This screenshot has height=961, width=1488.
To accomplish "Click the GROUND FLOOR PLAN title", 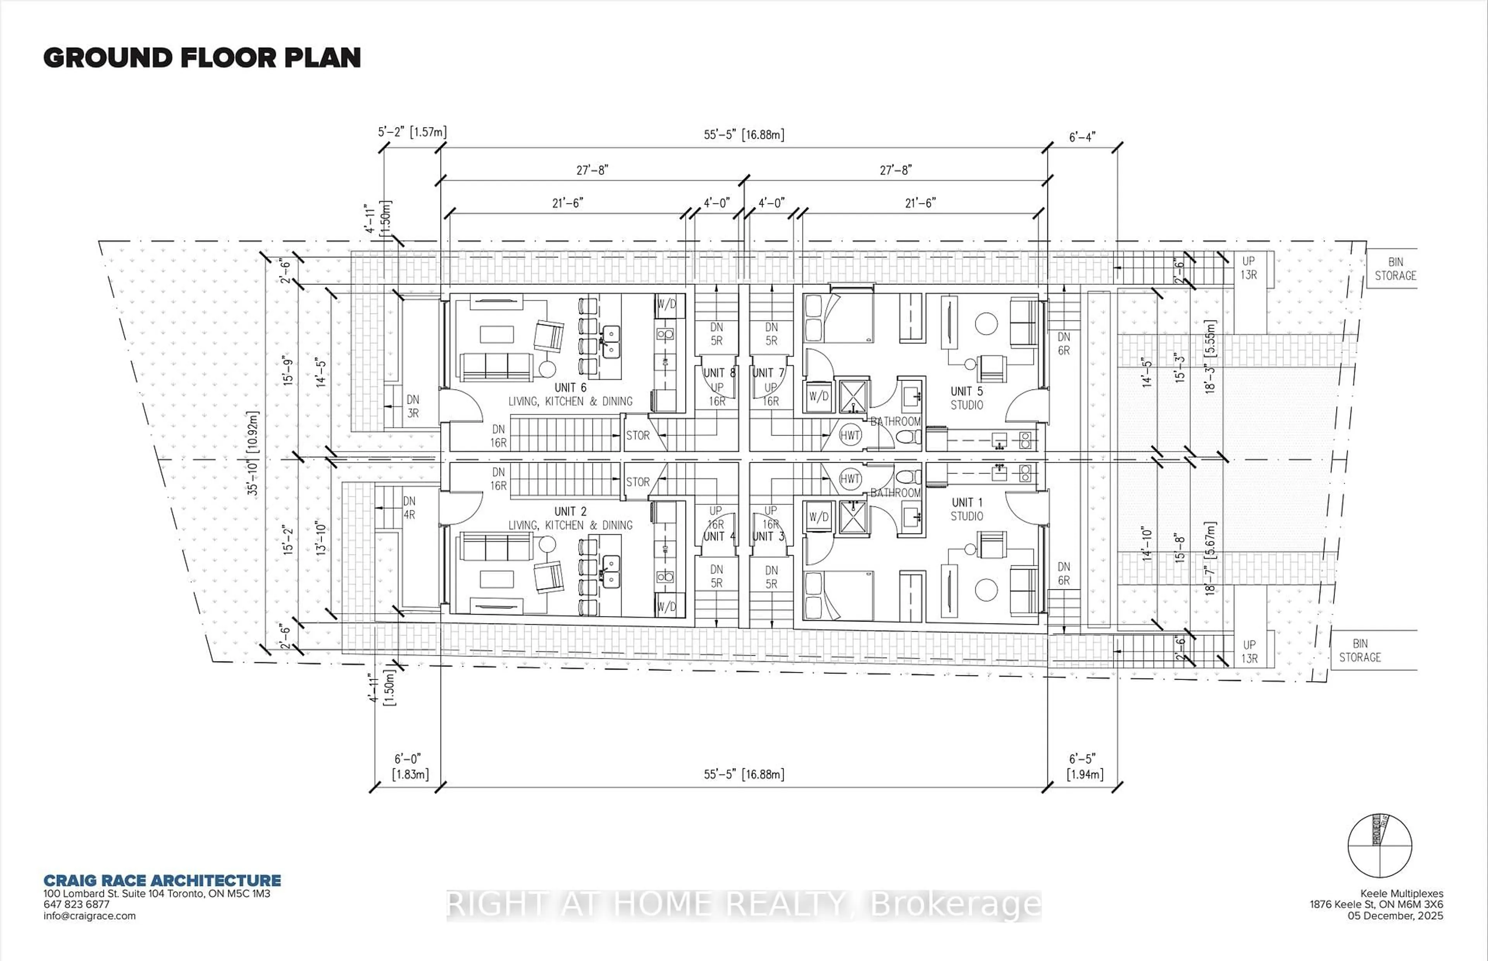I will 201,58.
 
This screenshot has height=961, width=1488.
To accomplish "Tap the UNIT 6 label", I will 570,387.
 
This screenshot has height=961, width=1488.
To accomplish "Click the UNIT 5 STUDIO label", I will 966,398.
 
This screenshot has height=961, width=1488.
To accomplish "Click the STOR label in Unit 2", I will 637,482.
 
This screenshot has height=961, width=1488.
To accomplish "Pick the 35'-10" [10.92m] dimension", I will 253,453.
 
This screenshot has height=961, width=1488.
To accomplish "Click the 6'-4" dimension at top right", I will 1082,137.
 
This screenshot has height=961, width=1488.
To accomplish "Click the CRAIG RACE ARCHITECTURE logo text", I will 162,880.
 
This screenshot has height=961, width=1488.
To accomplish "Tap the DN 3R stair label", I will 412,406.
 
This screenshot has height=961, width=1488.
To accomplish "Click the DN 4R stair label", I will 409,507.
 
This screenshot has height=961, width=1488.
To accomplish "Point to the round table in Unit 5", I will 986,323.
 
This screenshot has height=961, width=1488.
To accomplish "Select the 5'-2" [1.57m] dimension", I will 412,132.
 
